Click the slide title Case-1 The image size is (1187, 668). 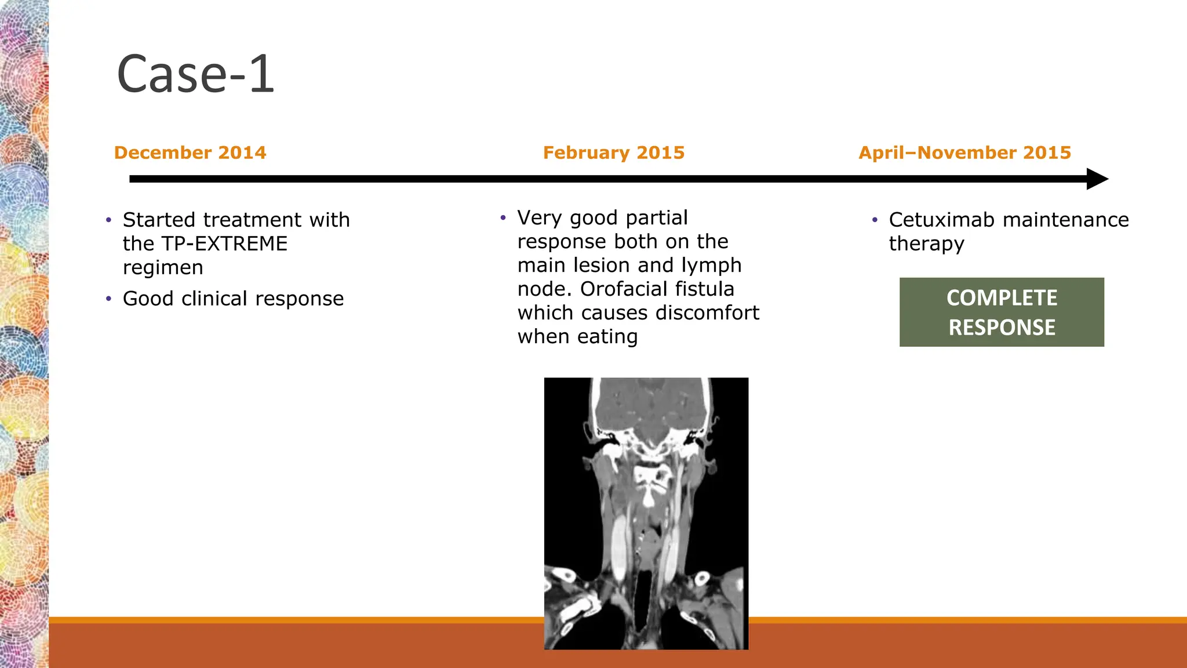(x=195, y=74)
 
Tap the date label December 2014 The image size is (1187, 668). (x=190, y=153)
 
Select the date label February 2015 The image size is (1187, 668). (x=614, y=153)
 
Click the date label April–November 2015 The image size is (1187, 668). (x=964, y=153)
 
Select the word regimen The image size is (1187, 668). (x=163, y=267)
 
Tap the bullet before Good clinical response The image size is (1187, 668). (x=108, y=299)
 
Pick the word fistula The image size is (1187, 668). (x=707, y=289)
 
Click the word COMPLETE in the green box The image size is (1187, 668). (x=1002, y=298)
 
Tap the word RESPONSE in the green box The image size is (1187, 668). (x=1002, y=328)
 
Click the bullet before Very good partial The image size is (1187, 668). (x=503, y=218)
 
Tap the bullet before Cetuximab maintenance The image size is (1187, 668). (x=875, y=220)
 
